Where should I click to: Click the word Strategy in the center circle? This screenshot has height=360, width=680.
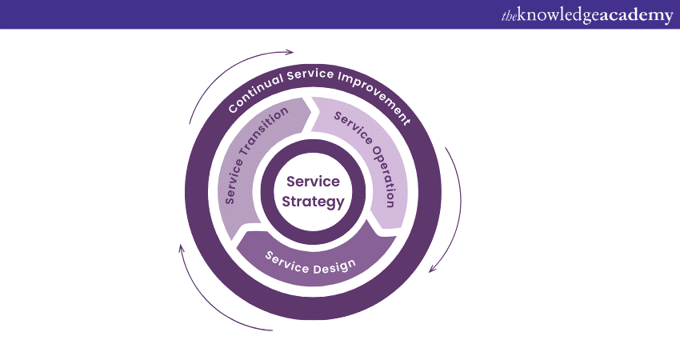[x=313, y=201]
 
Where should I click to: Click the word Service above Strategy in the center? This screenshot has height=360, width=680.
[x=313, y=182]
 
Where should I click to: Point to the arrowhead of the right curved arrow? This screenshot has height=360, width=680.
[x=433, y=268]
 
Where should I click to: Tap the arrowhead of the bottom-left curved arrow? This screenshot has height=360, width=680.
[x=182, y=247]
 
